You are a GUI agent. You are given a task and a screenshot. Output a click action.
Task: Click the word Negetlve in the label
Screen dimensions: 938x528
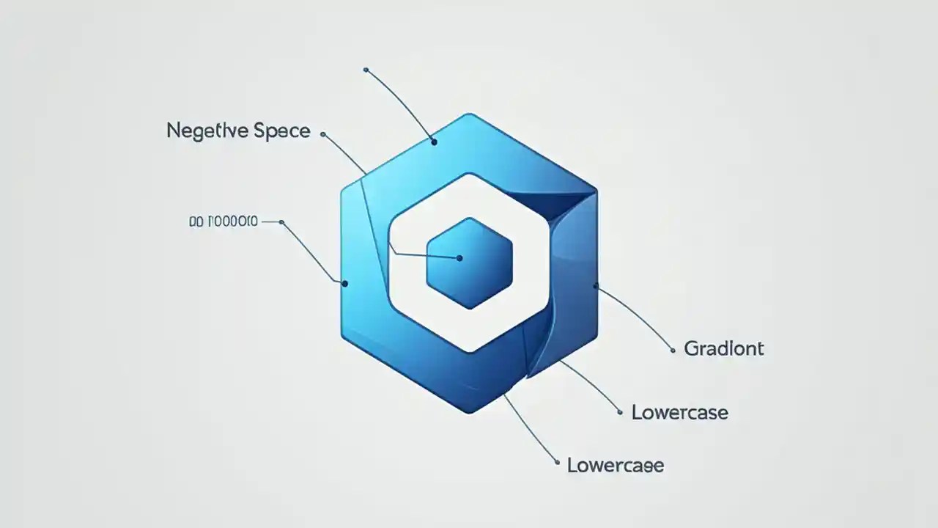(x=207, y=132)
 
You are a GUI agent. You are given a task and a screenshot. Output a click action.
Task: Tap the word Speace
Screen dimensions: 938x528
(x=281, y=132)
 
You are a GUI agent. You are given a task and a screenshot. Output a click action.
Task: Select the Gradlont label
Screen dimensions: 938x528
(x=724, y=348)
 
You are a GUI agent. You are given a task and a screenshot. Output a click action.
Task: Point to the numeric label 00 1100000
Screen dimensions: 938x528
(x=224, y=221)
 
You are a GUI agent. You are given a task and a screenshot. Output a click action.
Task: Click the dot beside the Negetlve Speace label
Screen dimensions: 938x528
(x=323, y=134)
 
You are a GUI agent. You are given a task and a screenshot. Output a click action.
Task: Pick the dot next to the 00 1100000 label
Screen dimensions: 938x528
(x=282, y=221)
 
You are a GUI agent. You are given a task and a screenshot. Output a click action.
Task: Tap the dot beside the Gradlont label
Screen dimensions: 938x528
(x=673, y=351)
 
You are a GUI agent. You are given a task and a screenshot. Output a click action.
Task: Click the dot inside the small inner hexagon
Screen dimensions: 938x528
(x=459, y=258)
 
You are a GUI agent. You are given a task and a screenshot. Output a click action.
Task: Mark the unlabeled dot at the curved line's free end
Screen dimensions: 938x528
(x=366, y=70)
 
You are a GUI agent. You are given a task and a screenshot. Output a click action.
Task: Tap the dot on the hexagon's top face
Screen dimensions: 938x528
(x=434, y=142)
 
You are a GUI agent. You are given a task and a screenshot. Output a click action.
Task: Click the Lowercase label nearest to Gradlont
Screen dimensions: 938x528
(x=680, y=412)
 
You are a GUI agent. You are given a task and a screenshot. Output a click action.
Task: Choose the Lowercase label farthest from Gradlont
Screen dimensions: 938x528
(x=616, y=465)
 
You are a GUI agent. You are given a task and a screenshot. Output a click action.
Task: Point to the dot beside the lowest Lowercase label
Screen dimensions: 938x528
(x=558, y=463)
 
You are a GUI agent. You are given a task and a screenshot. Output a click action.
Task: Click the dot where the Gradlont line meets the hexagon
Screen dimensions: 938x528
(x=596, y=285)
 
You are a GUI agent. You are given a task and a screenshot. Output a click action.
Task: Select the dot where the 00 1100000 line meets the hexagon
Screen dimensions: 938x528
(x=344, y=283)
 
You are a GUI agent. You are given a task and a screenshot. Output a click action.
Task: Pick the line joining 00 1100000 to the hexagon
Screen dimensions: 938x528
(x=311, y=251)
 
